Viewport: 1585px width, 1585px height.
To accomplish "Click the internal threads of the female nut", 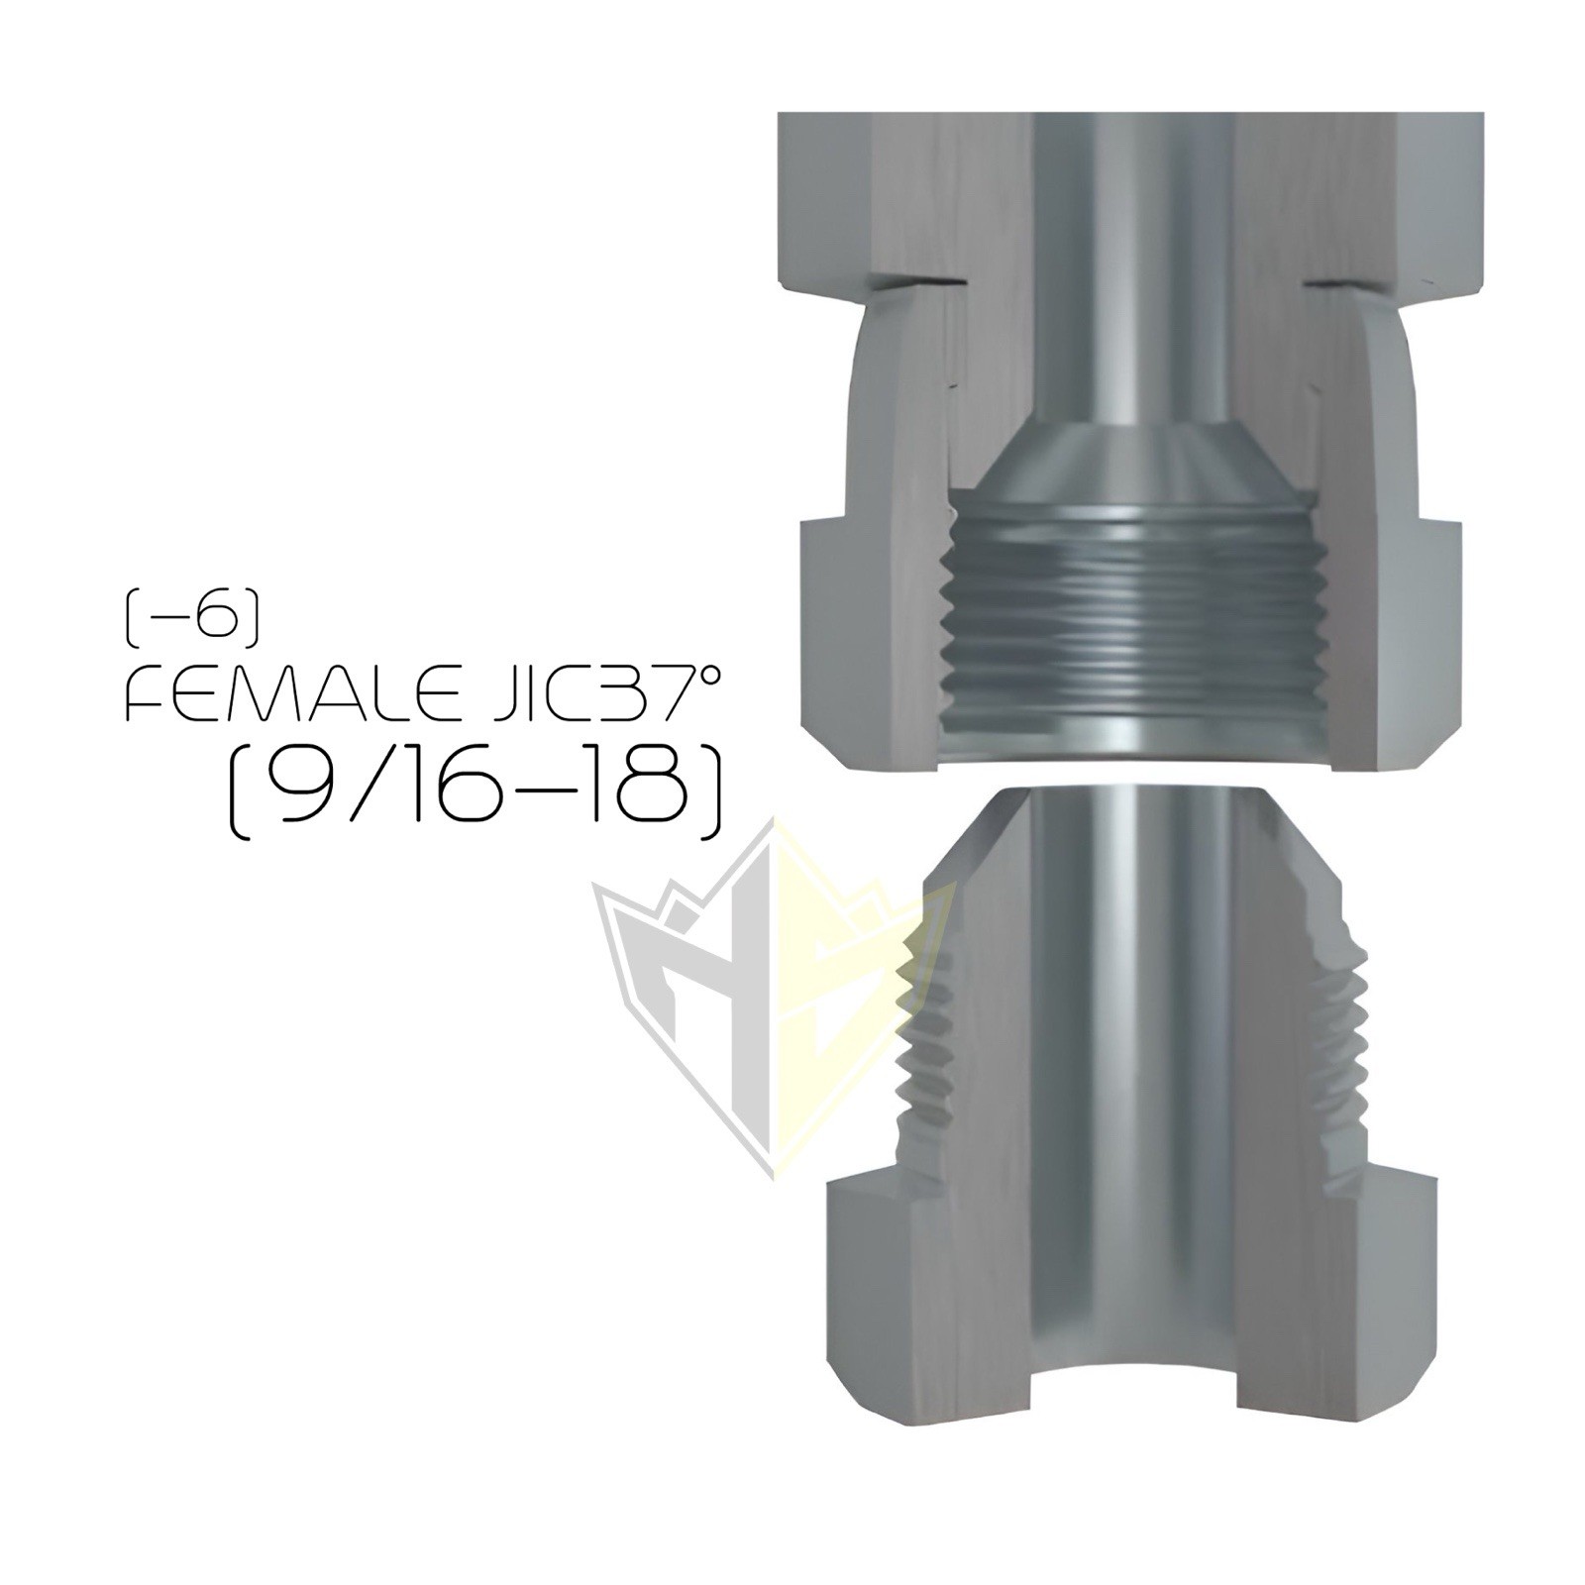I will pos(1129,634).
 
